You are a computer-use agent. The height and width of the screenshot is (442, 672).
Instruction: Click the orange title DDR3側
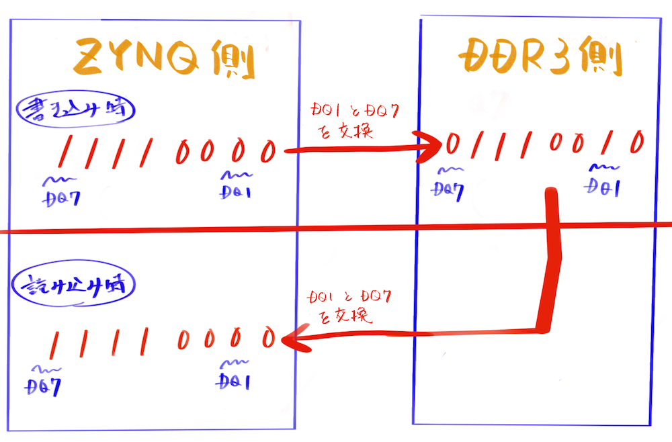click(539, 60)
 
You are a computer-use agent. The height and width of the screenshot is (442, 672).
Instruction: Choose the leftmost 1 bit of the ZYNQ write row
click(65, 151)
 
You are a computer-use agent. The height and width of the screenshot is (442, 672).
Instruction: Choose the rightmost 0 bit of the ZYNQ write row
click(268, 151)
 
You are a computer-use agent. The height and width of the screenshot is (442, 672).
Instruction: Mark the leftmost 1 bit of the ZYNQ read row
click(54, 343)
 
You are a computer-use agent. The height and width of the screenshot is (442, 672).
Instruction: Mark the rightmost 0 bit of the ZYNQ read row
click(269, 337)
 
